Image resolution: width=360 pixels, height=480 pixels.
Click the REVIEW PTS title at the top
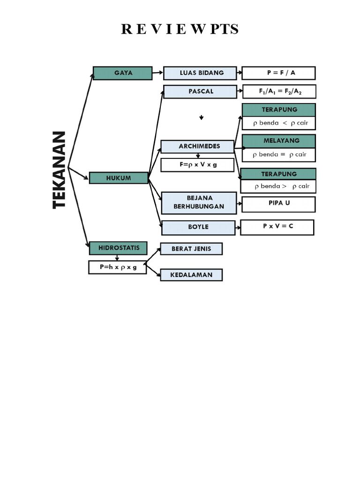point(180,29)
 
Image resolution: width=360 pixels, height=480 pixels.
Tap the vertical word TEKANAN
point(60,170)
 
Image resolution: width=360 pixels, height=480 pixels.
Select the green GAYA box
point(123,73)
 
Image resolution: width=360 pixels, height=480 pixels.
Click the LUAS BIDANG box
point(200,73)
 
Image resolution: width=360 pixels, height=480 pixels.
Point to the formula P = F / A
point(278,73)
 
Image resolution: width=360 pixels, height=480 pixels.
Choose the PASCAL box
point(200,91)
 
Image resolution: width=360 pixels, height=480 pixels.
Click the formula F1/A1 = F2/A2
point(279,92)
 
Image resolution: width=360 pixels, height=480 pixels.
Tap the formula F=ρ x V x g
point(197,165)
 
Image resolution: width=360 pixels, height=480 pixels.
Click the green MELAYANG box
point(279,141)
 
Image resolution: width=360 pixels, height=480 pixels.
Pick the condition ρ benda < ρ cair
point(279,123)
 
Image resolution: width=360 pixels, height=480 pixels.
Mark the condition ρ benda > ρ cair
point(279,186)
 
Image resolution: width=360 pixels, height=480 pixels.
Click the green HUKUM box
point(119,178)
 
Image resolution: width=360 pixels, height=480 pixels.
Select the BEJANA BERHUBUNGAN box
point(199,203)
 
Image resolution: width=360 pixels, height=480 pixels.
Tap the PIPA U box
point(279,204)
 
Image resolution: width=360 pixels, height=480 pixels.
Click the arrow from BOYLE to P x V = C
point(238,228)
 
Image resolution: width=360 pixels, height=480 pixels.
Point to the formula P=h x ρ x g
point(117,267)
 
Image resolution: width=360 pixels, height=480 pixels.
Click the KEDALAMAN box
point(191,275)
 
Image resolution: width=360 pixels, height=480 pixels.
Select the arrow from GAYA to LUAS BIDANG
point(158,73)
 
